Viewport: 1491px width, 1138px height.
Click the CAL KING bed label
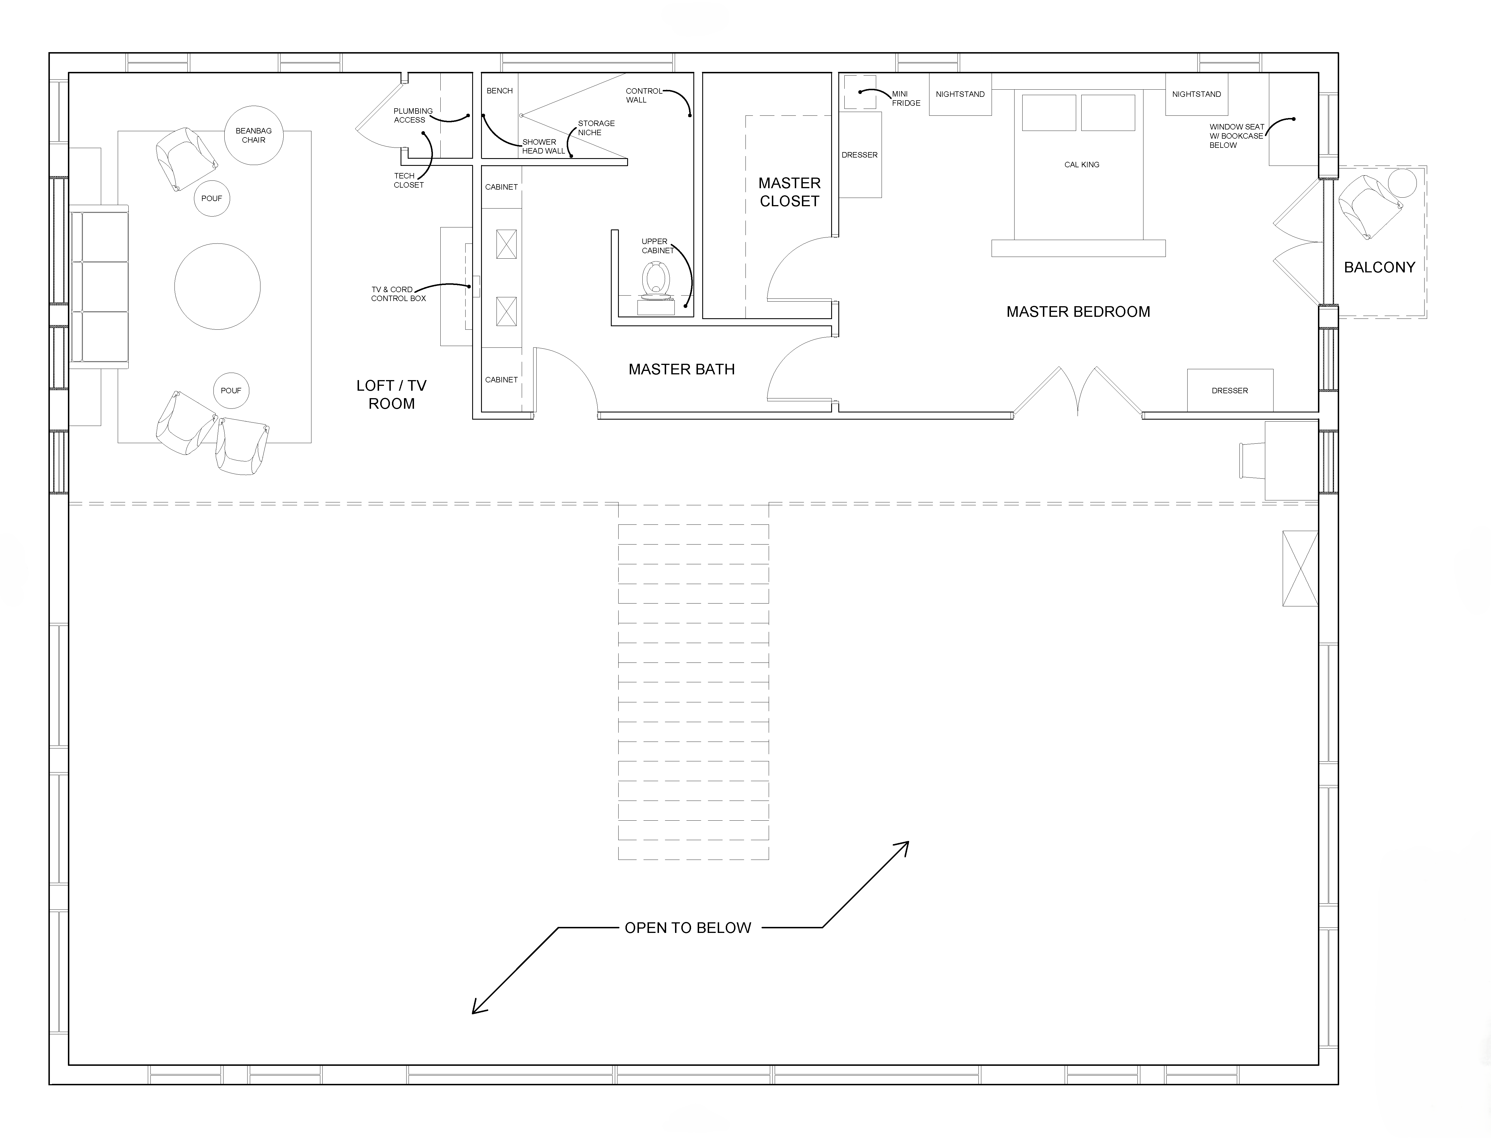(1082, 165)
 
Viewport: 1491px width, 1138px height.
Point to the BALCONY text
(1379, 268)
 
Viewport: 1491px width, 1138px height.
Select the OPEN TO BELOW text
(688, 928)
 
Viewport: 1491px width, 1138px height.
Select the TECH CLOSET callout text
(409, 180)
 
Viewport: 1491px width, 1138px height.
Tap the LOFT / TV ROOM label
(392, 394)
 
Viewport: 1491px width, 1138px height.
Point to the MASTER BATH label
(682, 369)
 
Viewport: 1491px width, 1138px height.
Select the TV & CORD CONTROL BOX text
(398, 294)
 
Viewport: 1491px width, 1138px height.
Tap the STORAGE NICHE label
(596, 128)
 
